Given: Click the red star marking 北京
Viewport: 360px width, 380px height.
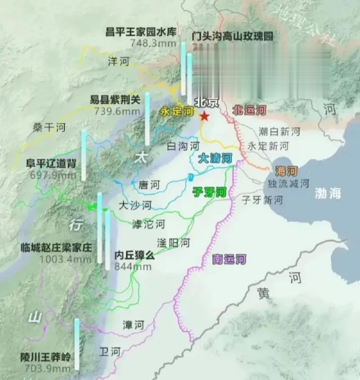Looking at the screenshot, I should click(x=203, y=117).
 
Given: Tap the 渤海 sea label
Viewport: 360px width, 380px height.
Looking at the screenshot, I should click(x=328, y=194).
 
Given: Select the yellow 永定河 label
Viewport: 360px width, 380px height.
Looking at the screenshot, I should click(x=177, y=111).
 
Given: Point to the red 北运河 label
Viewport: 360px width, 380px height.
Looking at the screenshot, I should click(x=249, y=110).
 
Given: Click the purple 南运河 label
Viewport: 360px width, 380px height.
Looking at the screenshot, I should click(x=230, y=260).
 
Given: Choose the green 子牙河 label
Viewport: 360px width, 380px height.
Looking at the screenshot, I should click(x=210, y=192).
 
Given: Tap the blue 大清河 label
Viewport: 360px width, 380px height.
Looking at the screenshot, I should click(x=215, y=159).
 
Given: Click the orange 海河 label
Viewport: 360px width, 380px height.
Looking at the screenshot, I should click(x=286, y=170).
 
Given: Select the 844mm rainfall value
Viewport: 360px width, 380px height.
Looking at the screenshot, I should click(x=133, y=267).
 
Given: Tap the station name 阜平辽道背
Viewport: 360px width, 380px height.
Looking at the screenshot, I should click(x=51, y=164).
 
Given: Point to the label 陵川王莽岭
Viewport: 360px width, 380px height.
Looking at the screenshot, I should click(x=45, y=357).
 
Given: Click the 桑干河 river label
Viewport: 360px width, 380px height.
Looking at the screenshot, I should click(x=49, y=127).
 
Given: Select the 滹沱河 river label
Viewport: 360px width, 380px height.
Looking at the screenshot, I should click(x=149, y=224).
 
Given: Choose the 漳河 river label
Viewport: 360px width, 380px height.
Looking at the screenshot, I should click(x=133, y=325).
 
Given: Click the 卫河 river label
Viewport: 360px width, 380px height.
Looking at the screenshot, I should click(x=109, y=351).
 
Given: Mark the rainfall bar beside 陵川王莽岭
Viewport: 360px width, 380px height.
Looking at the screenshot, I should click(x=77, y=343).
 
